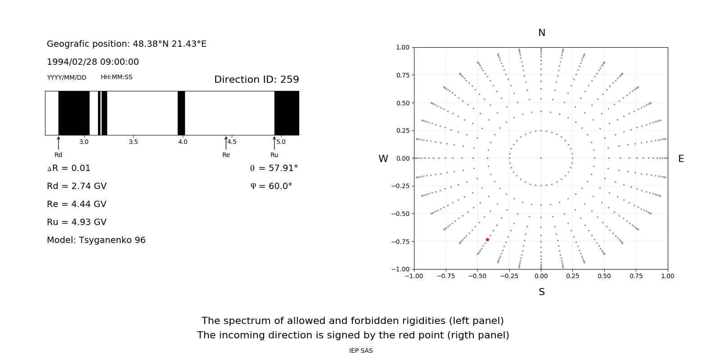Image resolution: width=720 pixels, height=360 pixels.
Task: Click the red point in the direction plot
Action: point(487,240)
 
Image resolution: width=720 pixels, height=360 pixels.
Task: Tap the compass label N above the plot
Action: point(541,33)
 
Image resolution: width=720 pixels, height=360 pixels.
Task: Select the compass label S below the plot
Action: point(541,292)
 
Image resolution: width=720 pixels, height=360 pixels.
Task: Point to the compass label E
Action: point(681,159)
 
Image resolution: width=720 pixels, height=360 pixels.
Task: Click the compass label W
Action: point(383,159)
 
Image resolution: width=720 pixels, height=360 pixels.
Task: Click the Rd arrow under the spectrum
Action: point(58,143)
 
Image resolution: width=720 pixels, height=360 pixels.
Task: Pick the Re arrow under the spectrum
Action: point(226,143)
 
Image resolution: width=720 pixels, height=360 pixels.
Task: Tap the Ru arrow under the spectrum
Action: point(274,143)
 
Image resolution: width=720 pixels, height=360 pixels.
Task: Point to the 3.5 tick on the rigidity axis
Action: point(133,142)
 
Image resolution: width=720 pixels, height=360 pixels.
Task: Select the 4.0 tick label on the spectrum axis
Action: point(182,142)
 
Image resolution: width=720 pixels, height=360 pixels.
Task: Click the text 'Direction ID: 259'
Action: point(256,80)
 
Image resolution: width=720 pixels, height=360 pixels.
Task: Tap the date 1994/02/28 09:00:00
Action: point(93,62)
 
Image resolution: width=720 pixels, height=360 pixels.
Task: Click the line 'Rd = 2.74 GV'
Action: point(76,186)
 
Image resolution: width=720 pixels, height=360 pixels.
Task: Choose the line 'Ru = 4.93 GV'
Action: point(76,222)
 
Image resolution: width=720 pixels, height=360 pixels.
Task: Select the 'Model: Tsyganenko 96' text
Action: point(96,240)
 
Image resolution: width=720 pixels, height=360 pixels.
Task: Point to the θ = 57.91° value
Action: point(274,168)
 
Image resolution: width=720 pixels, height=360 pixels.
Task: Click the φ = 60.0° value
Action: point(271,186)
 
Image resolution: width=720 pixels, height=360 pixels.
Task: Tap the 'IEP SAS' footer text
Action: point(360,351)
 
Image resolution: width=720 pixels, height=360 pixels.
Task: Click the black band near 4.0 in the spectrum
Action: point(181,113)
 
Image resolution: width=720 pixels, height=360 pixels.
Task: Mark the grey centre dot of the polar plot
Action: point(541,158)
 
